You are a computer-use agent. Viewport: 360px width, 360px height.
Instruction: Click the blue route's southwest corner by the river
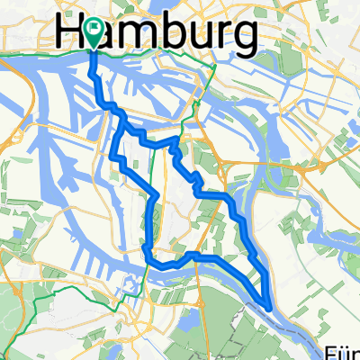[147, 256]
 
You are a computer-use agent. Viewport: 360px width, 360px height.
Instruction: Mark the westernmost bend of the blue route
[112, 158]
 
